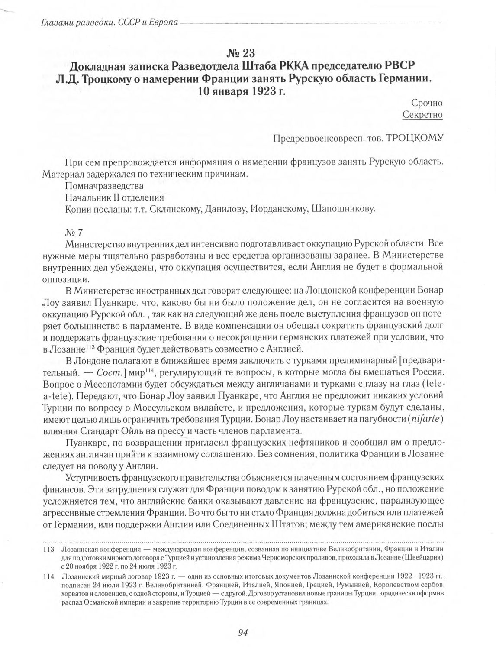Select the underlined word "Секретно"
click(x=422, y=115)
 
